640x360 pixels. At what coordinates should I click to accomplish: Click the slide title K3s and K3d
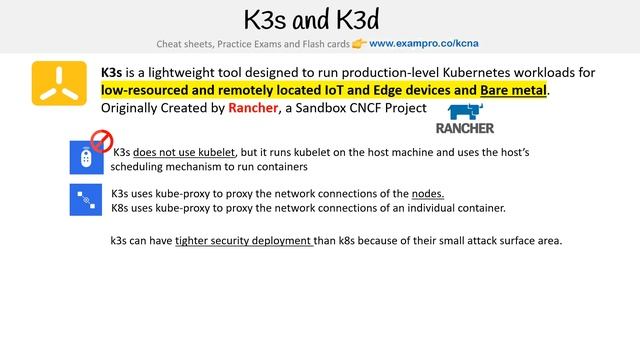[319, 19]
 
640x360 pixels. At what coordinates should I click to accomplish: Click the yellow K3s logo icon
[59, 83]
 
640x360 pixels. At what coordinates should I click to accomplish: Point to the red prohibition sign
[101, 140]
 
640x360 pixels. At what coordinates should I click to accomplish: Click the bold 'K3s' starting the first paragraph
[111, 73]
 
